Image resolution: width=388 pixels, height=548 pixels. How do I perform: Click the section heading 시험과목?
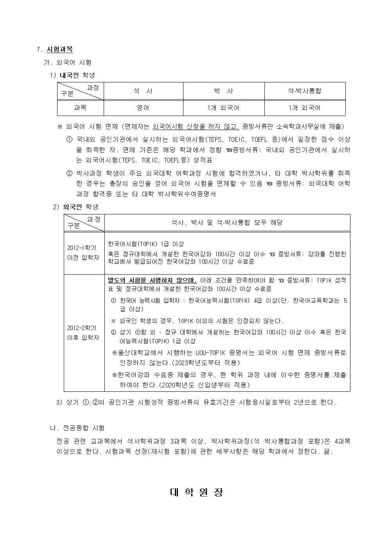[59, 49]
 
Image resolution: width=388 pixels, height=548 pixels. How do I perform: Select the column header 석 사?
[143, 91]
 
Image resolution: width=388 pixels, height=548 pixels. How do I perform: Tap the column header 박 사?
[223, 91]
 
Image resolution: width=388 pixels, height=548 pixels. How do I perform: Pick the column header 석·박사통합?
[304, 91]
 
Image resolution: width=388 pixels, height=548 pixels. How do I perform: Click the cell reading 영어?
[143, 108]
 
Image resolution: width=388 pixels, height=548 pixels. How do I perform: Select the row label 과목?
[80, 108]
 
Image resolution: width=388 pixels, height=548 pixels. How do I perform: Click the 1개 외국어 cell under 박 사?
[223, 108]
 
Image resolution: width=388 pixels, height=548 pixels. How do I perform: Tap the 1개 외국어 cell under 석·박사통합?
[304, 108]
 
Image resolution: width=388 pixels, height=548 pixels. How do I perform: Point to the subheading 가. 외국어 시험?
[67, 62]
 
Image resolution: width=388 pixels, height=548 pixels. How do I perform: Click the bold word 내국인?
[69, 75]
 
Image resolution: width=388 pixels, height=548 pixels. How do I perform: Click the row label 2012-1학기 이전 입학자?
[83, 253]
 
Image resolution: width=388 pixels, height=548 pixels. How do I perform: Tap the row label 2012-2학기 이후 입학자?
[83, 333]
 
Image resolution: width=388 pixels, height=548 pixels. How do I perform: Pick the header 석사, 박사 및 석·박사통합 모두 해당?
[227, 223]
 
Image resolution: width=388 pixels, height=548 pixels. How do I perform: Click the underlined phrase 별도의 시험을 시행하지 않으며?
[152, 280]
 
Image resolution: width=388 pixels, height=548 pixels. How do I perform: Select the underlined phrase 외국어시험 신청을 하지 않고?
[196, 127]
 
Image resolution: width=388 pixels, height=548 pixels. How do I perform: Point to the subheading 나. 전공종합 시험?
[77, 428]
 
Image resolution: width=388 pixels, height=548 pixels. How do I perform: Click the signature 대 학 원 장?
[196, 492]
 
